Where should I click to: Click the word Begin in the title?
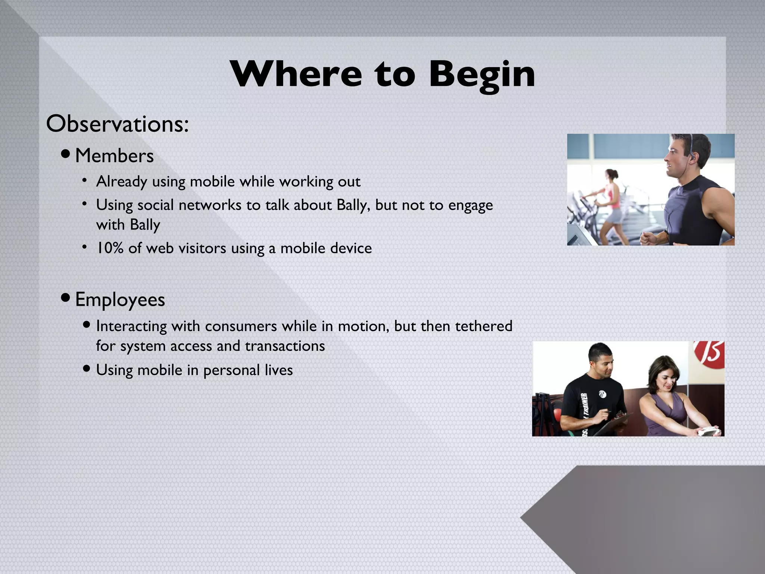[x=482, y=75]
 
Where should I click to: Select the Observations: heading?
[x=117, y=124]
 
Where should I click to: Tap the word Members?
[x=114, y=156]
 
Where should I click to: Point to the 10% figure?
[x=110, y=248]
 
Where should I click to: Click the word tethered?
[x=484, y=326]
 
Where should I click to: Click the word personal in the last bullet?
[x=231, y=370]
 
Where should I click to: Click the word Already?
[x=121, y=182]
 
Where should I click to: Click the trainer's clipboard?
[x=613, y=424]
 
